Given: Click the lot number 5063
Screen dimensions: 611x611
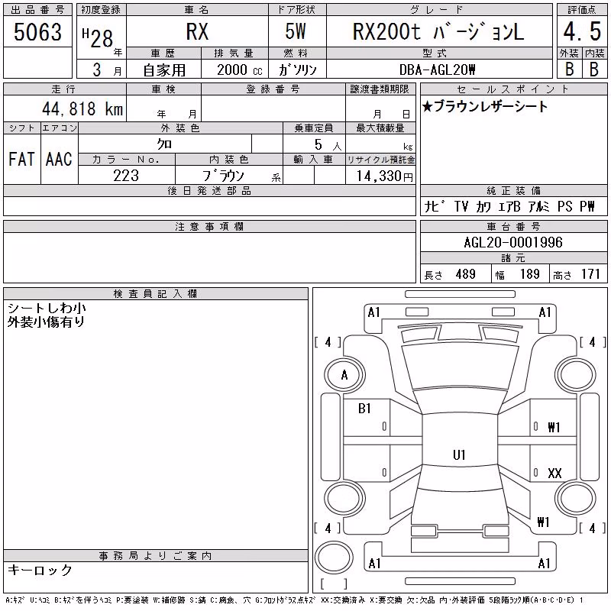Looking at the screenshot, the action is pos(37,32).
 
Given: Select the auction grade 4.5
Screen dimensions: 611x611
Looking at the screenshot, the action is pos(582,31).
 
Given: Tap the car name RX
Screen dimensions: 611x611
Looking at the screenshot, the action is pos(197,32).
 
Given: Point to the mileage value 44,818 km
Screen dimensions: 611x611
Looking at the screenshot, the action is pos(82,108).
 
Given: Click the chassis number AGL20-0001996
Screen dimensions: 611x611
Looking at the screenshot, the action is pos(513,242).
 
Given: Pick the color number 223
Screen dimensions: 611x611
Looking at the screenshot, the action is pos(126,176).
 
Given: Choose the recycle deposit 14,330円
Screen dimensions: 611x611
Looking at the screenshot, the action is pos(384,176).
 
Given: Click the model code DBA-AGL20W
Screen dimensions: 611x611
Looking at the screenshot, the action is pos(437,70).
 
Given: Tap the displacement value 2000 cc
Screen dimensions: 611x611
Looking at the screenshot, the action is pos(240,70).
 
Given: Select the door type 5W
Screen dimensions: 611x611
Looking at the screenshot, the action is pos(296,31).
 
